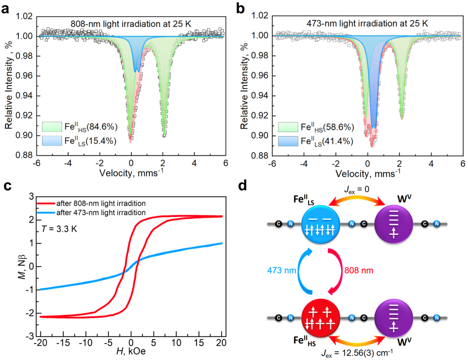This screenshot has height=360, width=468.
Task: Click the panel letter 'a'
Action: click(5, 8)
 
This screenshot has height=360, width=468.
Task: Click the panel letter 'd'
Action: click(242, 186)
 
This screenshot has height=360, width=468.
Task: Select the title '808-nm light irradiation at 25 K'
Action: click(131, 24)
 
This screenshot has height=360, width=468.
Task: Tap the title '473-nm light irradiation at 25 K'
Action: click(367, 24)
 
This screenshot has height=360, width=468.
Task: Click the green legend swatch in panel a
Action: click(52, 127)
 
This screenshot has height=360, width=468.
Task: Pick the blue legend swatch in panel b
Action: click(288, 141)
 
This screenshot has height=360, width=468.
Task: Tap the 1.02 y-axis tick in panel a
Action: click(24, 16)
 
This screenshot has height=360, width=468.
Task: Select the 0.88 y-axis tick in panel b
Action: click(260, 156)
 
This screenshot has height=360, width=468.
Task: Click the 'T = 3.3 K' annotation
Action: click(59, 229)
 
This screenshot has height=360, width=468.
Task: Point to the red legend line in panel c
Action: click(46, 203)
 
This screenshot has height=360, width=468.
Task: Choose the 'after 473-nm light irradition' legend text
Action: click(101, 212)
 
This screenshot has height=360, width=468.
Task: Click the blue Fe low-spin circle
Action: click(320, 224)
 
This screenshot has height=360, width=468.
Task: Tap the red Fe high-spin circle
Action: click(320, 318)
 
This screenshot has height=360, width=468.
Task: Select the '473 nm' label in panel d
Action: click(281, 270)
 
